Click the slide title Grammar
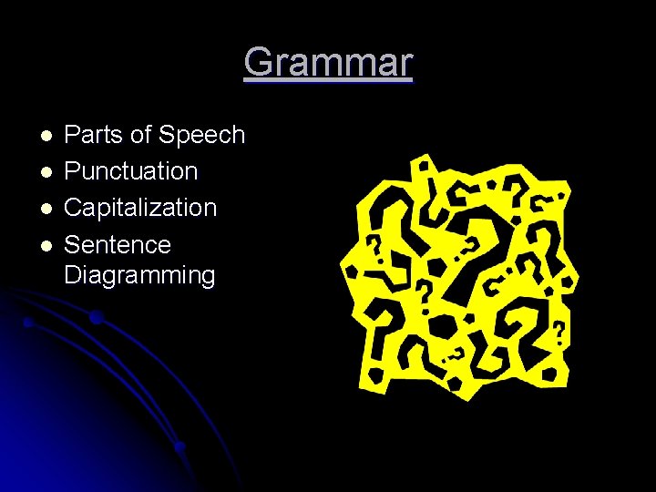coord(328,63)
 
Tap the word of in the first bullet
coord(139,135)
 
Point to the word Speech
coord(201,136)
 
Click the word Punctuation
coord(131,171)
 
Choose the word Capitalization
coord(140,208)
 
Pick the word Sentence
coord(118,244)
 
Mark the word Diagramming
coord(139,275)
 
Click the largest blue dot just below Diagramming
coord(96,317)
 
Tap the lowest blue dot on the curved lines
coord(180,446)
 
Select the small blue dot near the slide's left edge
coord(28,323)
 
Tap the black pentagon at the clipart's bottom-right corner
coord(550,374)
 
